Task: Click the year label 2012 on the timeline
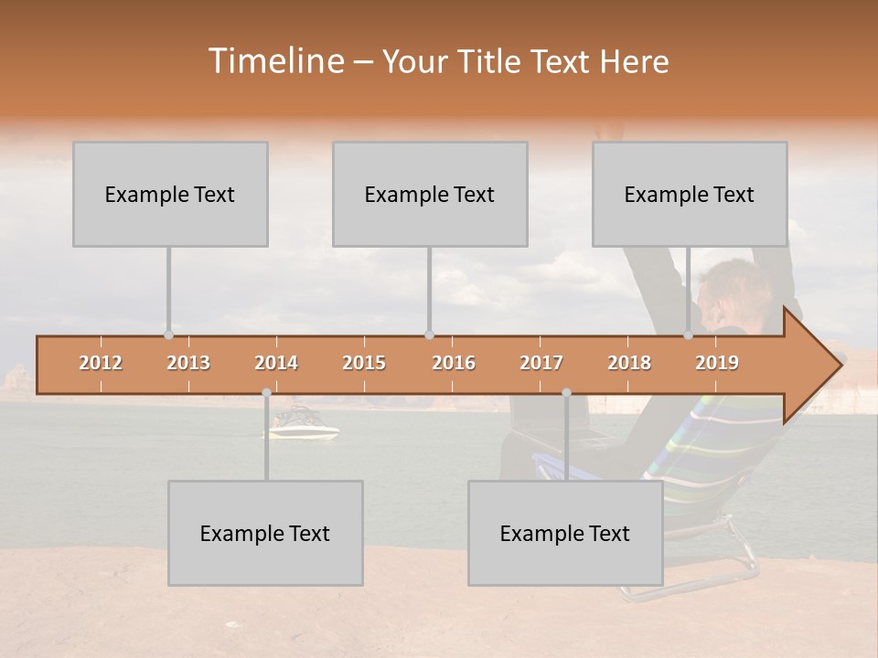101,363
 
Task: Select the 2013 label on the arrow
188,363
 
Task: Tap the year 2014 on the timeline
276,363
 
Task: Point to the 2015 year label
364,363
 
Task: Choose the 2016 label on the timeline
454,363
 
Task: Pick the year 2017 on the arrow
541,363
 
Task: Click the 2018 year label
629,363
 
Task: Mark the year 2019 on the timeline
717,363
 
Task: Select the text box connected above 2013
170,194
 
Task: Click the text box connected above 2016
430,194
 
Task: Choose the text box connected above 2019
690,194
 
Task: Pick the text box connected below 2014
265,533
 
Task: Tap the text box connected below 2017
565,533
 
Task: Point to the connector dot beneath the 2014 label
266,393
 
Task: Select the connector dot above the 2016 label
429,335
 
